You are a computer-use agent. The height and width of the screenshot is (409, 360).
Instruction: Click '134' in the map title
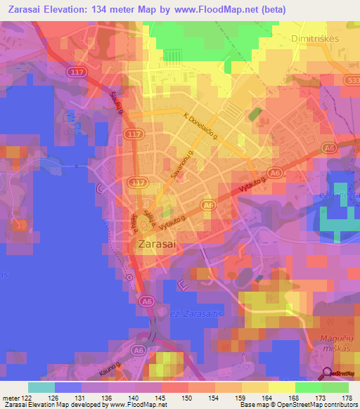pyautogui.click(x=105, y=8)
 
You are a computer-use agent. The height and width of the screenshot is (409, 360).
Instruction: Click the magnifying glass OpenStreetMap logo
pyautogui.click(x=327, y=372)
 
